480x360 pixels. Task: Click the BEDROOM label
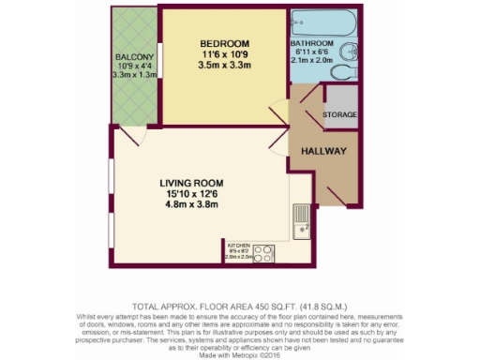pyautogui.click(x=223, y=45)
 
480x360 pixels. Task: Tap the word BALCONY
pyautogui.click(x=134, y=57)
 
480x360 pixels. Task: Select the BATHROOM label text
pyautogui.click(x=310, y=43)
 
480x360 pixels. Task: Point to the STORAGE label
pyautogui.click(x=338, y=114)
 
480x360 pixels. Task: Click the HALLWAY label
pyautogui.click(x=323, y=151)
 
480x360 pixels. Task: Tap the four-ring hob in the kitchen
pyautogui.click(x=264, y=253)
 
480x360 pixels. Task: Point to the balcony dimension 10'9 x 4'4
pyautogui.click(x=134, y=67)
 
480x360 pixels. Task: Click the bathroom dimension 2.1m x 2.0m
pyautogui.click(x=310, y=61)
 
